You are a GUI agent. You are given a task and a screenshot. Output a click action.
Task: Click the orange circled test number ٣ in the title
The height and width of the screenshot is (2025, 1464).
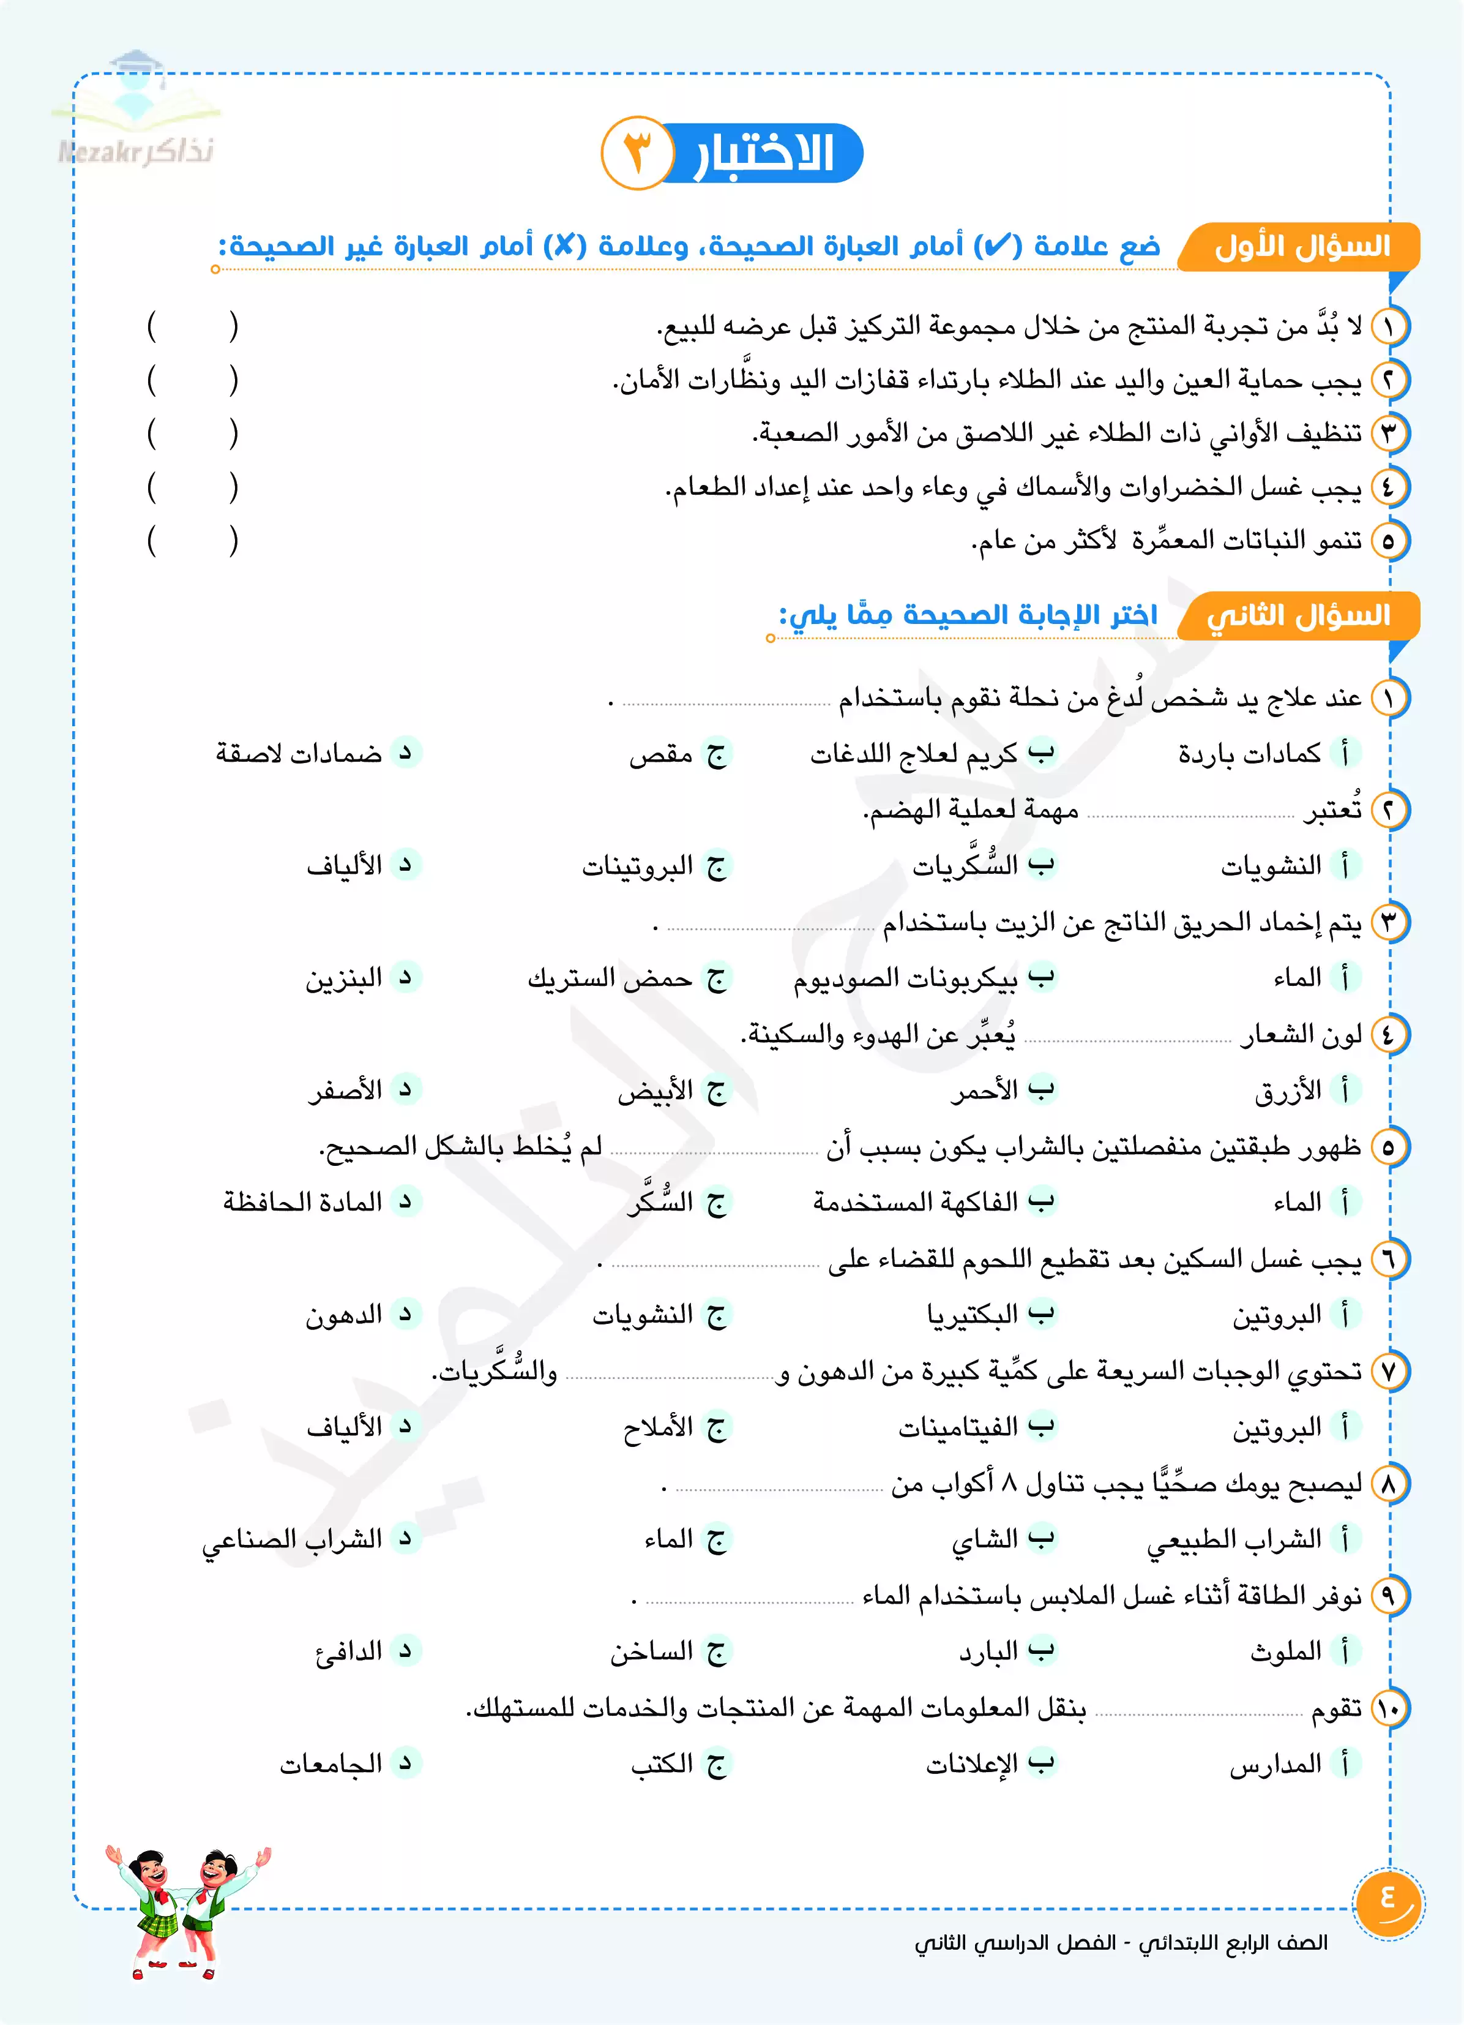click(637, 152)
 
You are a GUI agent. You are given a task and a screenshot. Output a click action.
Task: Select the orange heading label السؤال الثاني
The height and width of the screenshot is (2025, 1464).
click(1299, 615)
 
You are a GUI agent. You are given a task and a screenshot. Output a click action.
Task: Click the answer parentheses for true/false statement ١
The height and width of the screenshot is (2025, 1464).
click(193, 327)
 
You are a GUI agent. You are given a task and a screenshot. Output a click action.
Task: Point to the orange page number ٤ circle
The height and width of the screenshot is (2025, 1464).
click(1388, 1904)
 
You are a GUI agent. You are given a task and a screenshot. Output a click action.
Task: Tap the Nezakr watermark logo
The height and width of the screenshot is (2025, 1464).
click(136, 111)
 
